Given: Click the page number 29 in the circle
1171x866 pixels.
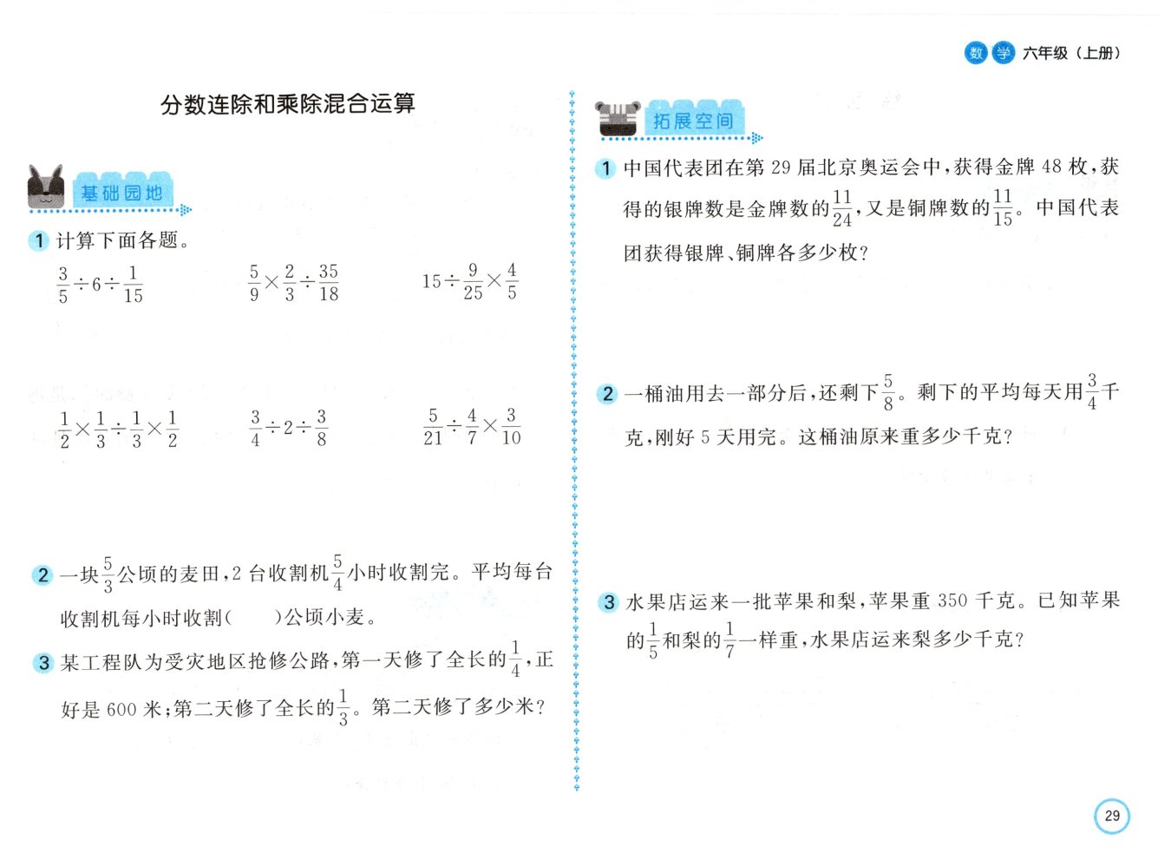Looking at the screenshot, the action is coord(1111,816).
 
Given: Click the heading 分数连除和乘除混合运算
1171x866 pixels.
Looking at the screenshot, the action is coord(288,103).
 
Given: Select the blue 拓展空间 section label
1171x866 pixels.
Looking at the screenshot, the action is coord(693,120).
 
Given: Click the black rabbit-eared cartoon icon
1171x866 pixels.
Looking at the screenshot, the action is coord(45,187).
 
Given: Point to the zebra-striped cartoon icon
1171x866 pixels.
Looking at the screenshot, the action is coord(618,119).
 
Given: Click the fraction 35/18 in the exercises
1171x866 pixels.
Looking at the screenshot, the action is coord(328,283).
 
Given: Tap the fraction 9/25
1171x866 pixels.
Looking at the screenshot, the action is coord(473,281).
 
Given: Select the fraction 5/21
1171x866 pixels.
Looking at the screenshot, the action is coord(433,427).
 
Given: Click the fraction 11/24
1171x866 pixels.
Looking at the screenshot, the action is coord(842,209).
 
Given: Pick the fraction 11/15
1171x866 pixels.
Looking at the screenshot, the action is coord(1003,207).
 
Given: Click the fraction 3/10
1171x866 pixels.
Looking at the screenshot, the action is coord(511,426).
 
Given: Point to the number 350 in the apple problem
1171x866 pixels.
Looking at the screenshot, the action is coord(952,600).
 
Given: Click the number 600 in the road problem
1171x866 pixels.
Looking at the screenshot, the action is coord(122,709).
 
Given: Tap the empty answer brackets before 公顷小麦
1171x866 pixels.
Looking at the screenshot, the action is coord(253,617).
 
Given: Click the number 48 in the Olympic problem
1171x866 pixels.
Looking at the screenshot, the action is coord(1051,167).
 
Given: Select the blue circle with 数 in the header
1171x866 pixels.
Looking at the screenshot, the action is coord(976,53).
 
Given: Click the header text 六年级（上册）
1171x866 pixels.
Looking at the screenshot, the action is coord(1071,53).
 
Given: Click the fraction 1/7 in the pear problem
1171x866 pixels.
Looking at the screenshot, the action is coord(729,640).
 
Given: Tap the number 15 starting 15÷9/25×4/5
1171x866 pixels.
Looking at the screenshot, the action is coord(431,282).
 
